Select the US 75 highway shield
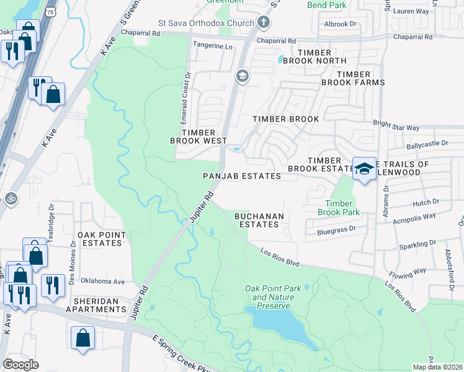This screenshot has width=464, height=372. tap(50, 11)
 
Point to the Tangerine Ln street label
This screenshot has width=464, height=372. tap(212, 45)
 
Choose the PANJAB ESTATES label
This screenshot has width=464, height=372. tap(242, 176)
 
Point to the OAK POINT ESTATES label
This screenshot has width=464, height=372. tap(102, 239)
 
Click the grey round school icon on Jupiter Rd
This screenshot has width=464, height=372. tap(242, 77)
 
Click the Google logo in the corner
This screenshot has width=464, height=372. tap(21, 364)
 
